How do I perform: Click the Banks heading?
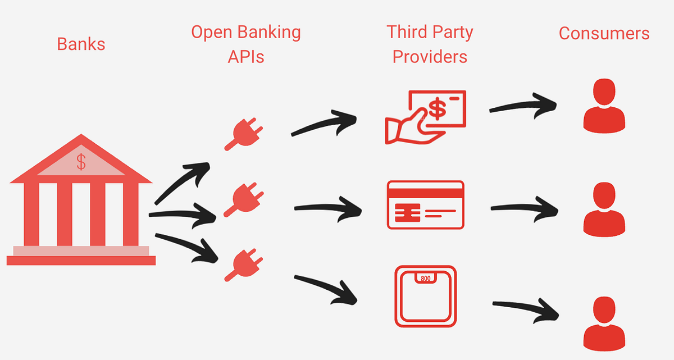click(x=81, y=44)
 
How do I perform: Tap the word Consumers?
click(x=604, y=33)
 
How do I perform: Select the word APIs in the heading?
click(x=246, y=56)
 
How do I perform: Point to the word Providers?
click(x=430, y=56)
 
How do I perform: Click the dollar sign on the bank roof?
click(x=81, y=162)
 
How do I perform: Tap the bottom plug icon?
click(x=243, y=265)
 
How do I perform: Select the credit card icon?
click(x=425, y=204)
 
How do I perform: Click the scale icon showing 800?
click(x=425, y=297)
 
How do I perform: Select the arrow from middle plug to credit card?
click(x=328, y=208)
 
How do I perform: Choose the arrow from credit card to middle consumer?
click(x=525, y=208)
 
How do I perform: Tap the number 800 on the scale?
click(x=425, y=277)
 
